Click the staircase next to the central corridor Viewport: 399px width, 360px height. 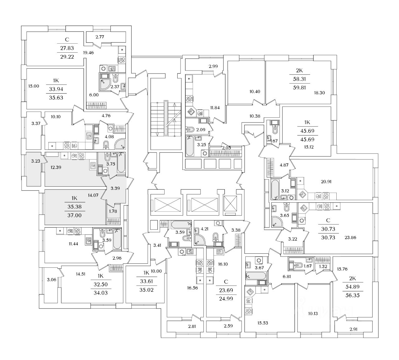tap(165, 118)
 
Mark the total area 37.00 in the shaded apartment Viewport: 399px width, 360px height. tap(74, 215)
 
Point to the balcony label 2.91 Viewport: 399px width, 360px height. tap(353, 329)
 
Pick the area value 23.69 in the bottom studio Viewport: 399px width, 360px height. tap(226, 290)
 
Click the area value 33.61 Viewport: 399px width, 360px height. tap(146, 281)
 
